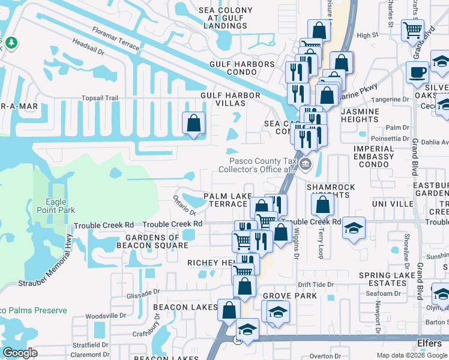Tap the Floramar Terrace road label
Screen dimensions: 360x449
(116, 38)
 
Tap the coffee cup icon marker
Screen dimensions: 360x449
(418, 72)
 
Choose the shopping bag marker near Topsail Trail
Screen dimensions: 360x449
(194, 124)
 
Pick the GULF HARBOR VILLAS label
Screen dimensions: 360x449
(231, 100)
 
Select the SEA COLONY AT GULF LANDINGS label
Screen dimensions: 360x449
(233, 17)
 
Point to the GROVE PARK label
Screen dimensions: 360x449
(289, 296)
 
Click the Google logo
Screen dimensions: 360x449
(20, 353)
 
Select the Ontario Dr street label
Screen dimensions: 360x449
(185, 204)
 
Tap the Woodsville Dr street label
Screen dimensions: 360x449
(105, 316)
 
